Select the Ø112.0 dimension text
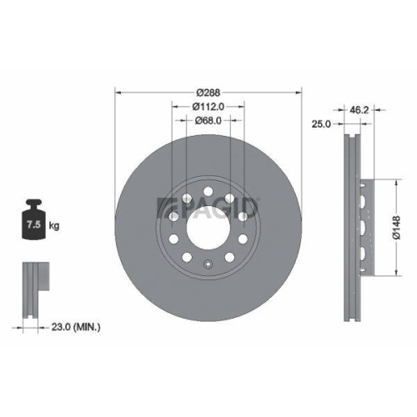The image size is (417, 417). tap(208, 107)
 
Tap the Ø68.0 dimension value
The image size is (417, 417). tap(208, 121)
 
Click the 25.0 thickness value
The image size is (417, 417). tap(323, 123)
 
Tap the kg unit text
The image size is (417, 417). tap(56, 226)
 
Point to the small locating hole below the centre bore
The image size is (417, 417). tap(208, 265)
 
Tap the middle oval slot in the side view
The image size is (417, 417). tap(364, 225)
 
